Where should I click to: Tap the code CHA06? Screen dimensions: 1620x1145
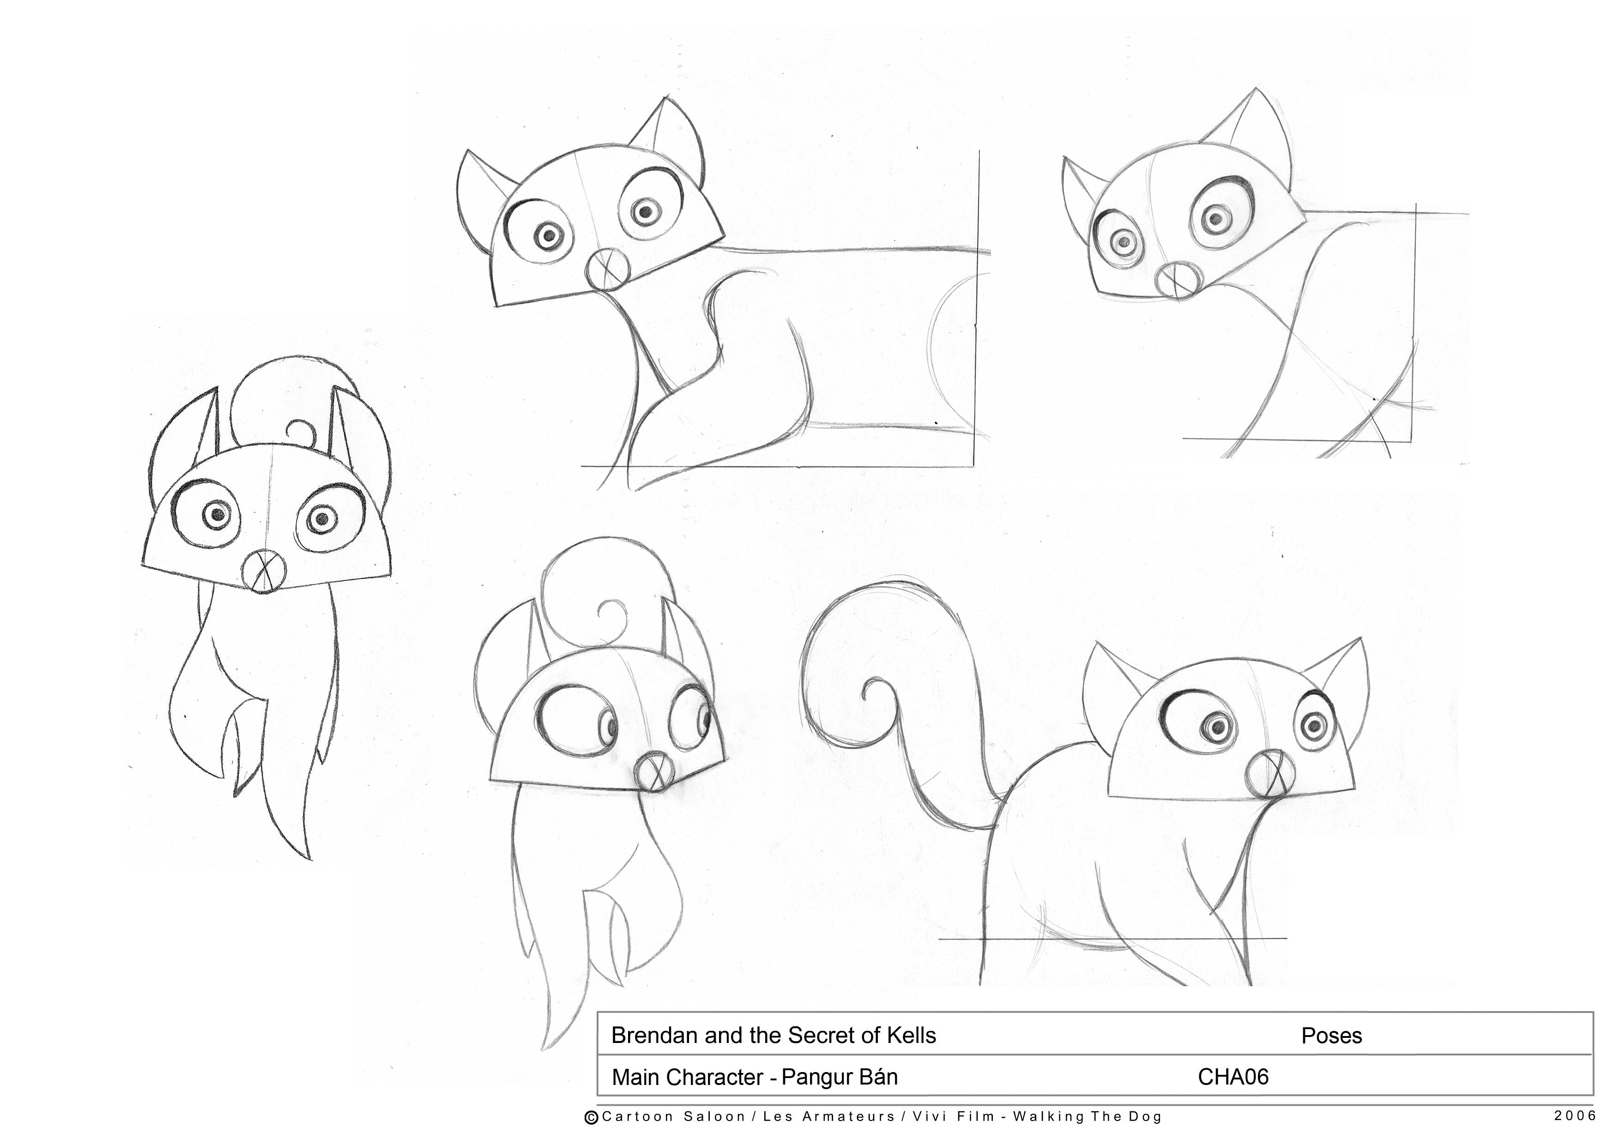[x=1233, y=1077]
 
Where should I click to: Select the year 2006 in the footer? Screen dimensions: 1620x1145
[x=1576, y=1115]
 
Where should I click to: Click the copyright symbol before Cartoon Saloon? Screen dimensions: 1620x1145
[x=591, y=1117]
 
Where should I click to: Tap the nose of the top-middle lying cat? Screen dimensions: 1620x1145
[x=607, y=268]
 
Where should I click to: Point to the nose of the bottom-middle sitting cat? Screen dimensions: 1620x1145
[x=653, y=771]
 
